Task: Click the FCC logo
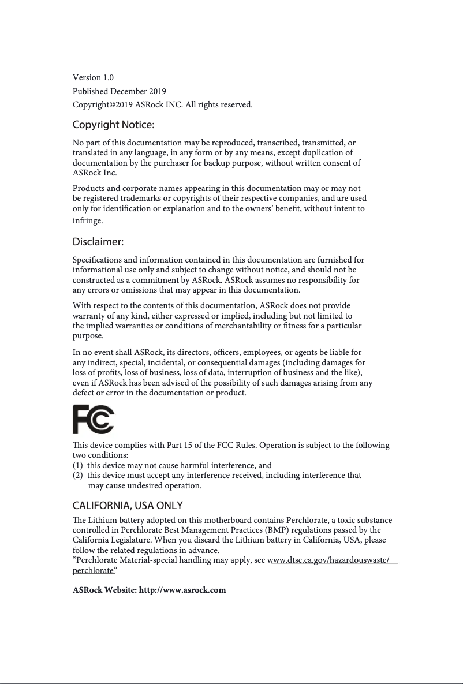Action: tap(94, 420)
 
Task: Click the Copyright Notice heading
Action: tap(113, 125)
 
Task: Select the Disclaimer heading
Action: tap(98, 241)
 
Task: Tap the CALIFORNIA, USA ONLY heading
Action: tap(128, 506)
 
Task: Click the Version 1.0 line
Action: tap(93, 77)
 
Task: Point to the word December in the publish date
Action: tap(129, 91)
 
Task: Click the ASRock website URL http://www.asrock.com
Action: tap(182, 590)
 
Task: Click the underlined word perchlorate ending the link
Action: tap(93, 570)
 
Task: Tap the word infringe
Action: tap(88, 221)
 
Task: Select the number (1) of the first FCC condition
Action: tap(78, 465)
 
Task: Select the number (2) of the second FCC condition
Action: tap(78, 476)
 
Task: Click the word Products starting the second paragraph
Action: tap(88, 188)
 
